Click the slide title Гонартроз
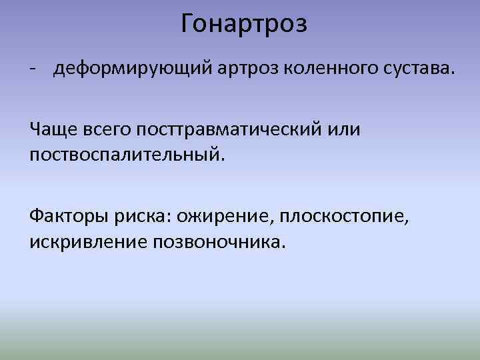coord(244,25)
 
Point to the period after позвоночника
coord(283,246)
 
